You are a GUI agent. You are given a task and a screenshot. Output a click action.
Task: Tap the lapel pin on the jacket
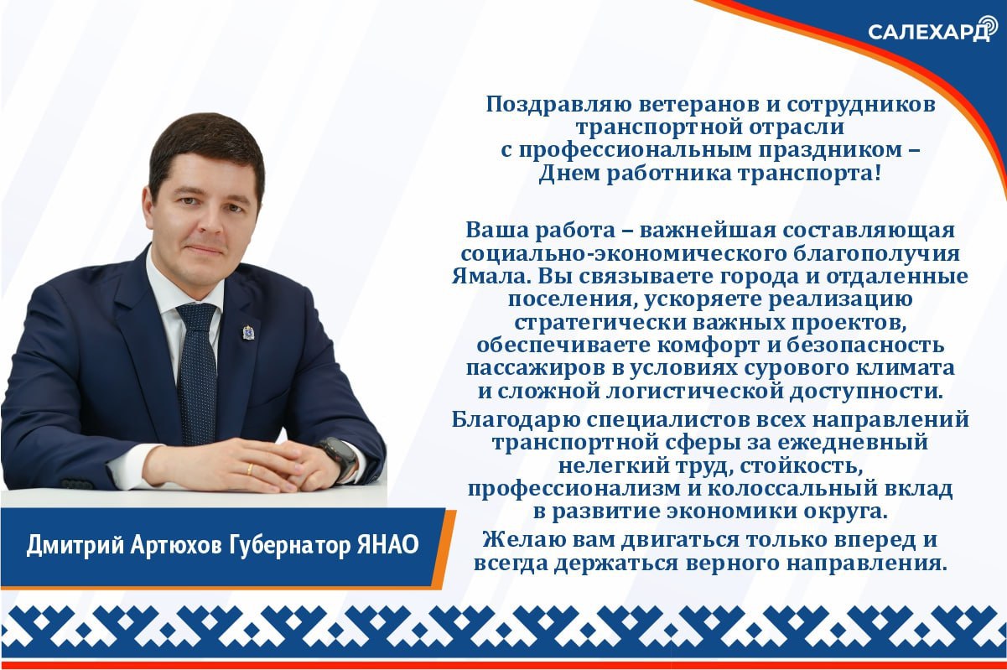point(249,333)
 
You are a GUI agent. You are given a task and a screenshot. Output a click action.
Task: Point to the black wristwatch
point(340,459)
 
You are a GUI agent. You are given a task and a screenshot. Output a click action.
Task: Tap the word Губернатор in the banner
point(299,546)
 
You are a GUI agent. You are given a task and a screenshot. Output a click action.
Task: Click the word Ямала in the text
point(494,276)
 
